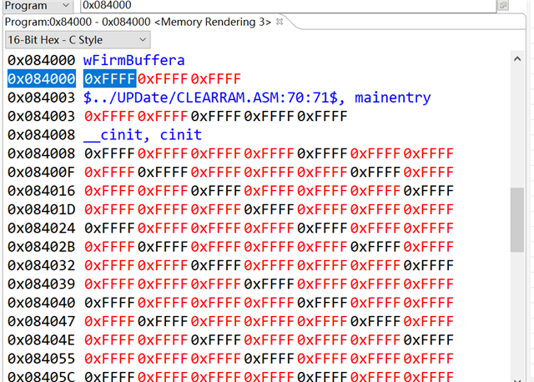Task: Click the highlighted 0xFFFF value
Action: tap(109, 79)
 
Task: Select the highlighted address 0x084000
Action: tap(42, 79)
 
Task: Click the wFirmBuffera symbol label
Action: tap(134, 60)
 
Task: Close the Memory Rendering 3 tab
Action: tap(280, 21)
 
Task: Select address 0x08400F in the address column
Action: tap(42, 172)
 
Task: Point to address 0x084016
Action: tap(42, 190)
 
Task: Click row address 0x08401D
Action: tap(42, 209)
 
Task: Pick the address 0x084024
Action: tap(42, 227)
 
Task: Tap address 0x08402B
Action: tap(42, 246)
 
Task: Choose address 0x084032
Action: tap(42, 264)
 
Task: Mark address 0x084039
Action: tap(42, 284)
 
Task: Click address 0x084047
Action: tap(42, 320)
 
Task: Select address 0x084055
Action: tap(42, 358)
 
